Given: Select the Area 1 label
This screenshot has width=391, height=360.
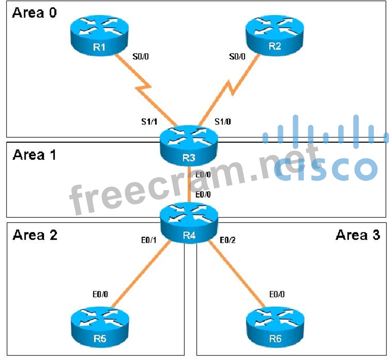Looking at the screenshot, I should point(34,155).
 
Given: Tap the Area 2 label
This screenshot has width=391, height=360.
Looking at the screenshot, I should point(35,235).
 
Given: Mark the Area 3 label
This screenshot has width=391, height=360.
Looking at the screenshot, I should point(358,235).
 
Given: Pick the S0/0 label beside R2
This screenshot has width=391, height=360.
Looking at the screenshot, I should point(237,57).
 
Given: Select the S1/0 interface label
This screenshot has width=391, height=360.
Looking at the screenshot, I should point(222,122).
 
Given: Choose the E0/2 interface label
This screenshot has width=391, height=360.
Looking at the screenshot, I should point(229,241).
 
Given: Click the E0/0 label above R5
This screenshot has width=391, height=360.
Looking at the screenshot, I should point(100,295).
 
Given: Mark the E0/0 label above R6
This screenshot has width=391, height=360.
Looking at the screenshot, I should point(277,295).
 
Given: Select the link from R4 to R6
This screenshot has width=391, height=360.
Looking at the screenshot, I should point(237,273).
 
